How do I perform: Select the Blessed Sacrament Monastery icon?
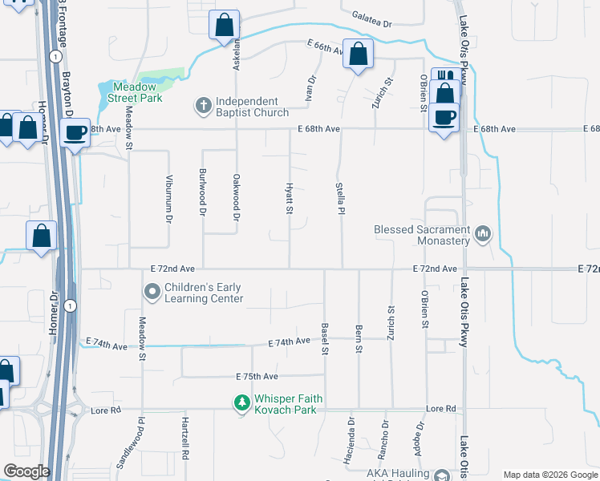(x=482, y=235)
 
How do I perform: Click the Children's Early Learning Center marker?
(x=151, y=293)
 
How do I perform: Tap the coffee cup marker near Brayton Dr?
(x=75, y=131)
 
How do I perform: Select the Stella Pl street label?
(x=341, y=199)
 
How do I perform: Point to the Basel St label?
(x=325, y=339)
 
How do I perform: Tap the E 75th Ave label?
(x=257, y=376)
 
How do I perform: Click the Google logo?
(x=26, y=471)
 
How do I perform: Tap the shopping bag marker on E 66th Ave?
(x=358, y=54)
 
